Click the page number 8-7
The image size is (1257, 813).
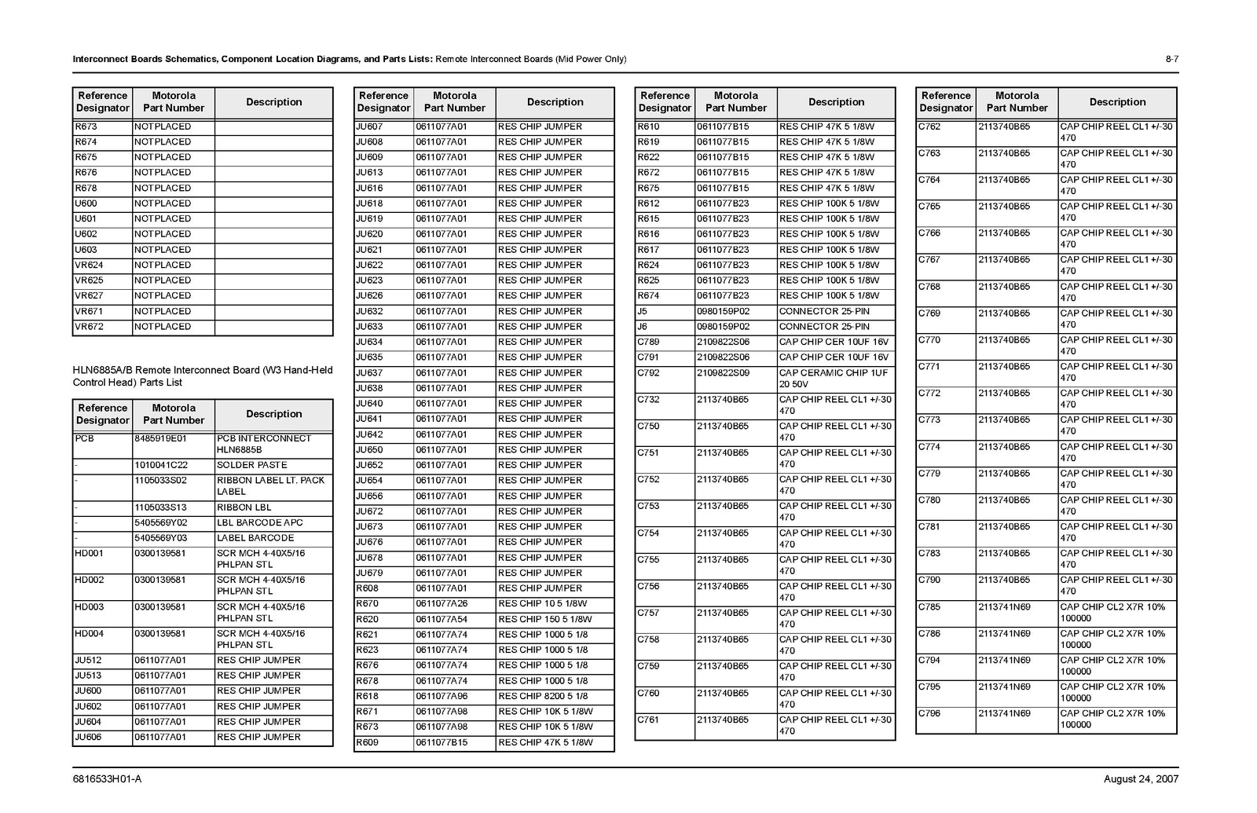tap(1171, 60)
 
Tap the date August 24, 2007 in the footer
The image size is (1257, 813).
tap(1141, 779)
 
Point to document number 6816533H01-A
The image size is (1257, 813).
tap(107, 779)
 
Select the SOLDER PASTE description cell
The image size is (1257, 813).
tap(251, 465)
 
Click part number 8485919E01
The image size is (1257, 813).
tap(160, 438)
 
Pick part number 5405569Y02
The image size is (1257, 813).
tap(160, 522)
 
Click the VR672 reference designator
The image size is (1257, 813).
tap(89, 327)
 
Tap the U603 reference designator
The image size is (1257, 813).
tap(86, 250)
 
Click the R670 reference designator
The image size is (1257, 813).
tap(367, 604)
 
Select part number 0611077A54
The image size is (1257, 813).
tap(441, 619)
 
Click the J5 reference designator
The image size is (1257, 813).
tap(642, 311)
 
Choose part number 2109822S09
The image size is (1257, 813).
tap(723, 373)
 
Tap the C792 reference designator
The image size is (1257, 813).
tap(648, 373)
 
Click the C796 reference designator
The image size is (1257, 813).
tap(929, 714)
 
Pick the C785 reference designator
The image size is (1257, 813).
tap(929, 607)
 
